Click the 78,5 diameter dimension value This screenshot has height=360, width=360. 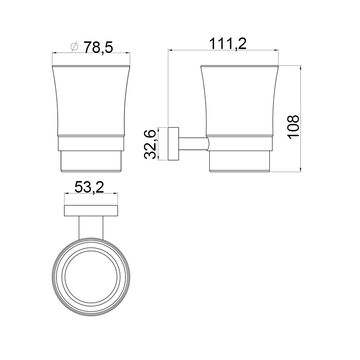coord(98,47)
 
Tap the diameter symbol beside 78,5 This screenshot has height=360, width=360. coord(75,47)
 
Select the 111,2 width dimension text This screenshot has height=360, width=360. coord(228,44)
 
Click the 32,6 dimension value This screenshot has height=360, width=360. coord(150,144)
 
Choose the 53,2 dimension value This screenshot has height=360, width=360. coord(89,187)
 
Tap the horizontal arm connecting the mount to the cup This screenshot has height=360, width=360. coord(193,144)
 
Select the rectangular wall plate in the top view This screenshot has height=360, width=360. coord(91,211)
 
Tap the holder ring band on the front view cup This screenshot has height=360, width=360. coord(91,144)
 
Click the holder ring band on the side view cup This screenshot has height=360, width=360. coord(240,144)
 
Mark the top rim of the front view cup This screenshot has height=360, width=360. coord(91,67)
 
